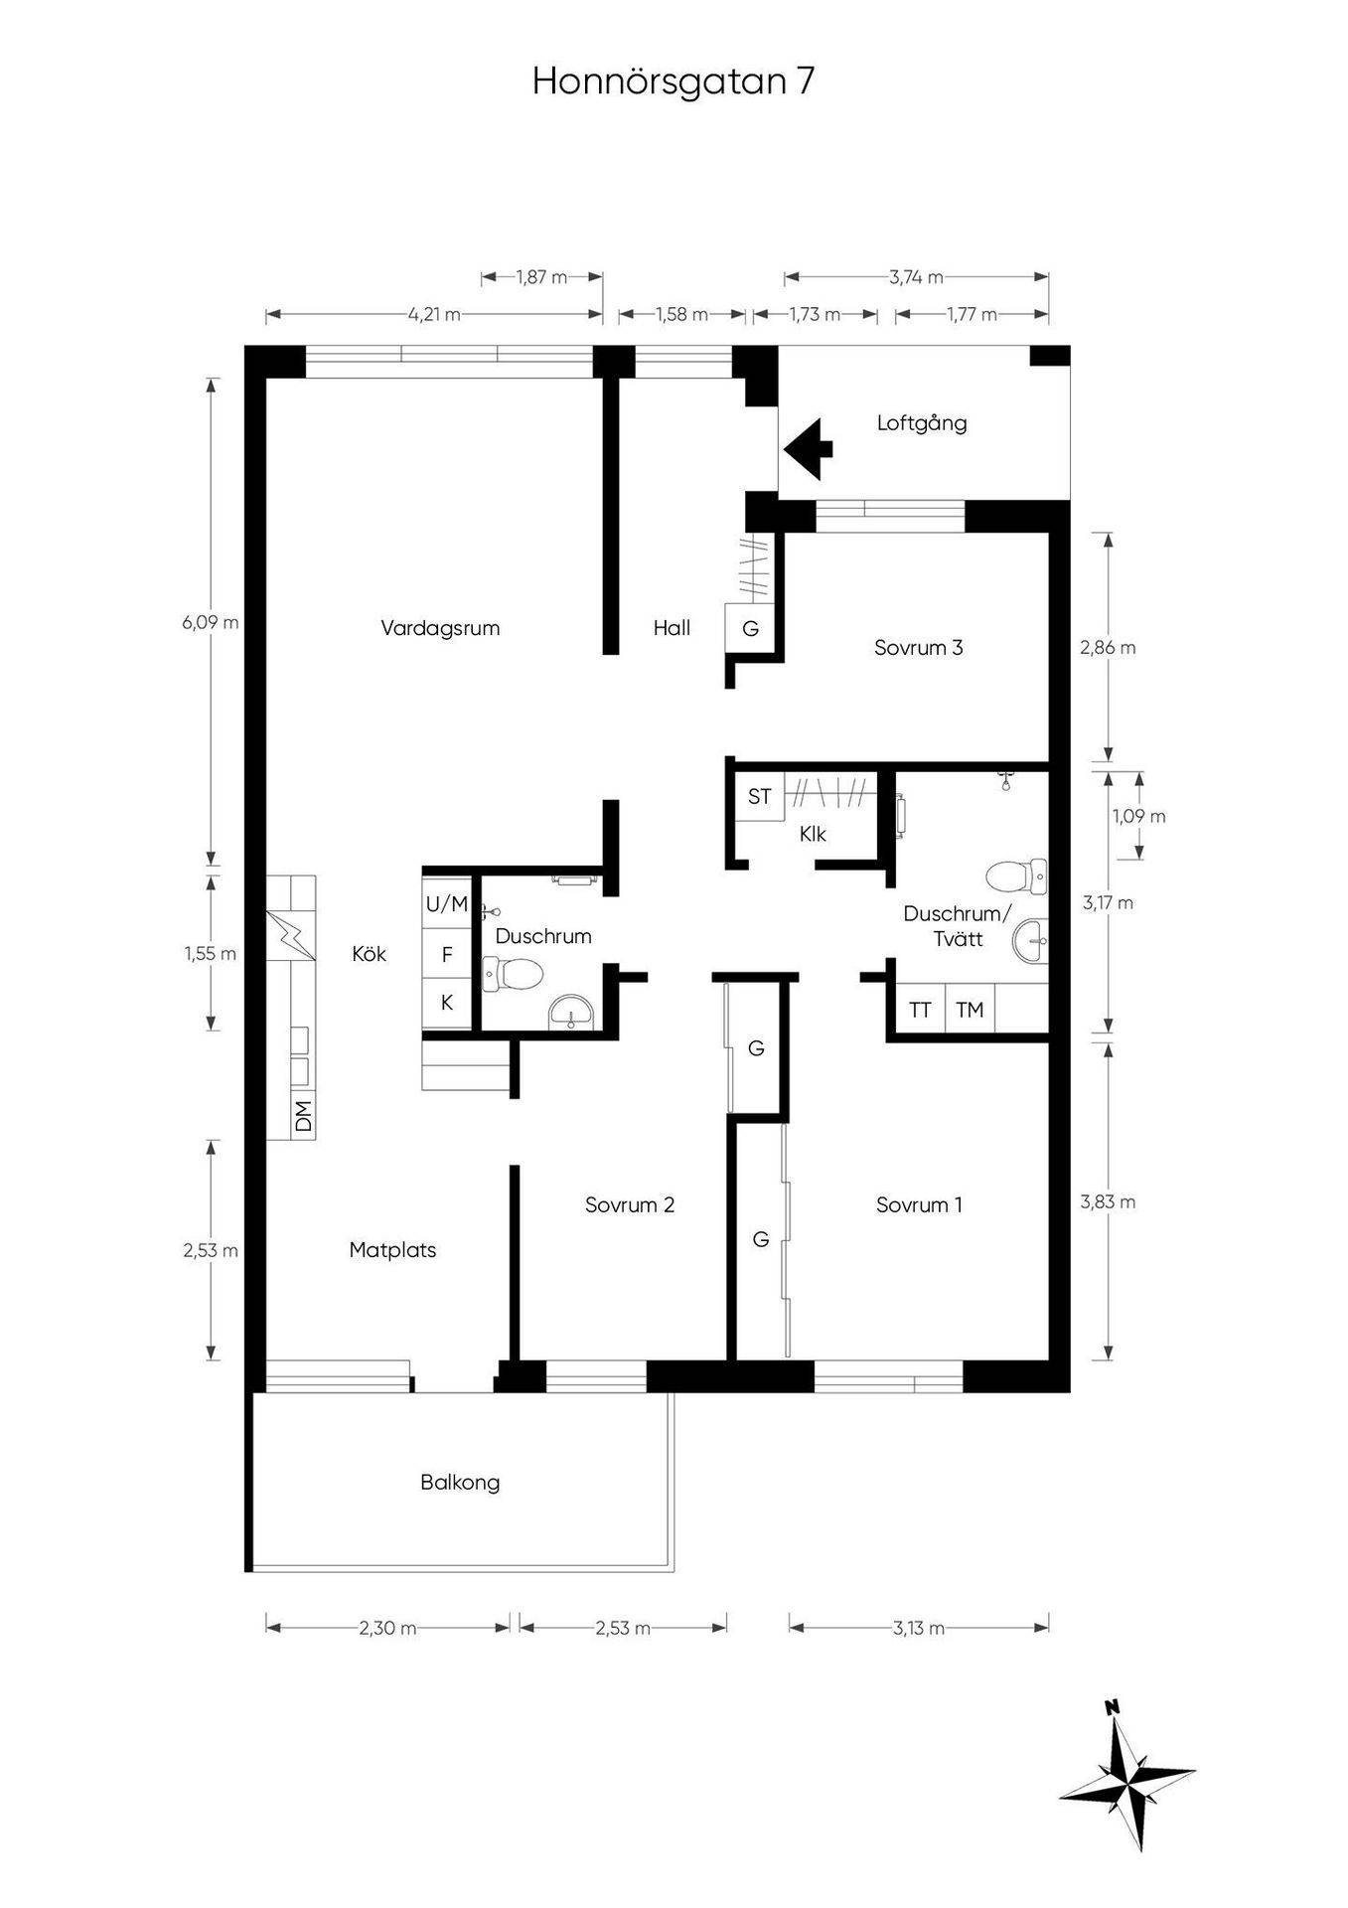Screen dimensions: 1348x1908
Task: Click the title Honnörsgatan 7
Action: pyautogui.click(x=674, y=80)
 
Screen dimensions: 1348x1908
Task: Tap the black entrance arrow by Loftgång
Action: pyautogui.click(x=808, y=449)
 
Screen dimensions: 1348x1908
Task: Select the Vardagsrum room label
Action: pyautogui.click(x=440, y=628)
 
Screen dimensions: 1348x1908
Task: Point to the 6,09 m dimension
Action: pyautogui.click(x=211, y=623)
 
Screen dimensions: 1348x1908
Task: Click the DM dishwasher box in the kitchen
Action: pyautogui.click(x=304, y=1116)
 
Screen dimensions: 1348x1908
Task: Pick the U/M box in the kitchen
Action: pyautogui.click(x=447, y=903)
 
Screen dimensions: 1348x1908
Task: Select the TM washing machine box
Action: pyautogui.click(x=970, y=1011)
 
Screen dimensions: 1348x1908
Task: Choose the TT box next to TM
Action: pyautogui.click(x=921, y=1011)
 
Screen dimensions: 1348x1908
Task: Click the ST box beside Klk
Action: pyautogui.click(x=760, y=796)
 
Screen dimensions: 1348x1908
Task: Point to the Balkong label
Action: pyautogui.click(x=460, y=1483)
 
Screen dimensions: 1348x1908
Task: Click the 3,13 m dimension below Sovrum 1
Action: pyautogui.click(x=919, y=1628)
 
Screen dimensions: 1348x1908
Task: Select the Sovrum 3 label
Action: pyautogui.click(x=919, y=648)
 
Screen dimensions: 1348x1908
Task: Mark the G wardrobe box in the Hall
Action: pyautogui.click(x=751, y=628)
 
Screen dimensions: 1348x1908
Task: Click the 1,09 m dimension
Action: pyautogui.click(x=1138, y=817)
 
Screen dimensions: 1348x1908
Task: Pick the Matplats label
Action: pyautogui.click(x=392, y=1250)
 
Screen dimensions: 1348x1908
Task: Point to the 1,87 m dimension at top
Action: pyautogui.click(x=542, y=277)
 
